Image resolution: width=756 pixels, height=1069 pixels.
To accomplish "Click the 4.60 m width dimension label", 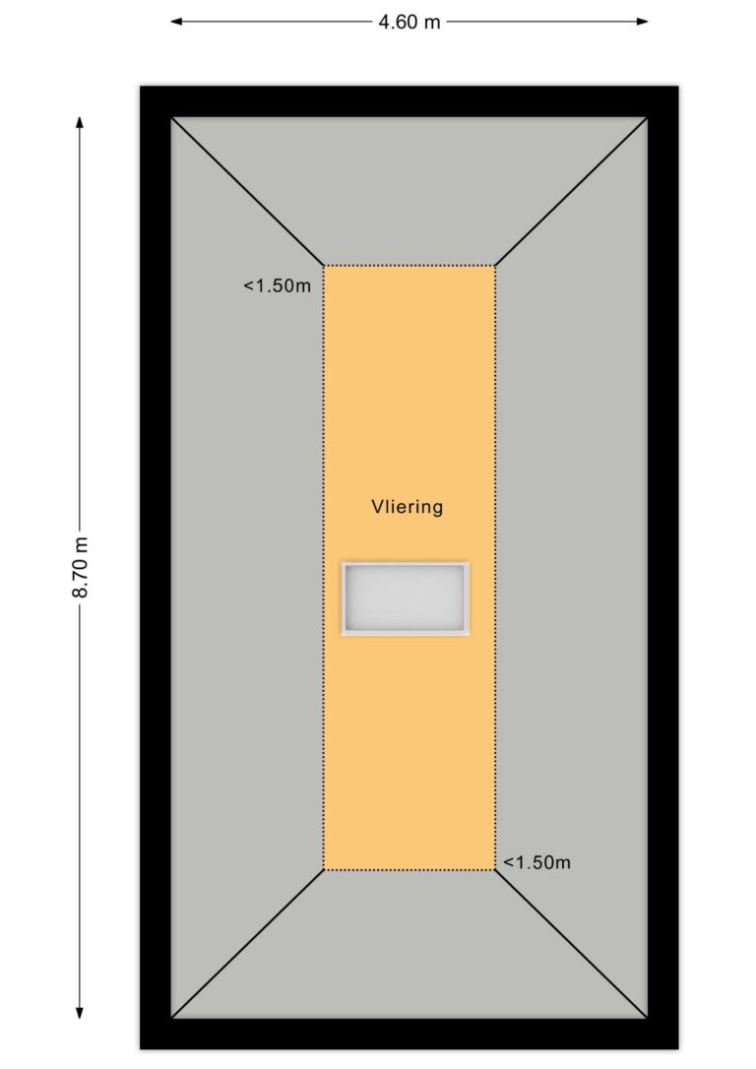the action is coord(409,22).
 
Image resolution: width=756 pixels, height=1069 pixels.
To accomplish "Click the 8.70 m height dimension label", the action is coord(81,567).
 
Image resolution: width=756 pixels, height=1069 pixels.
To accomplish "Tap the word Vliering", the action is coord(407,507).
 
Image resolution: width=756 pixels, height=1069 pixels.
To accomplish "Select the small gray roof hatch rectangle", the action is coord(405,598).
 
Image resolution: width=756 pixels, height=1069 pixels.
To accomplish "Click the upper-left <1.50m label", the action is coord(278,285).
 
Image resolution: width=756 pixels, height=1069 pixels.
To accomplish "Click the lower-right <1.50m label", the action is coord(537,862).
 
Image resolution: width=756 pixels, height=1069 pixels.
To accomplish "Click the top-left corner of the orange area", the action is coord(324,265).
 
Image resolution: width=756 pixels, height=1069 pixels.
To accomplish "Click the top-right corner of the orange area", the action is coord(495,265).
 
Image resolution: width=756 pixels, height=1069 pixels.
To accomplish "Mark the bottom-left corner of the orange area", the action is coord(324,870).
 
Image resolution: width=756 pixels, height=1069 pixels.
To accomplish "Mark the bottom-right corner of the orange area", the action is coord(495,870).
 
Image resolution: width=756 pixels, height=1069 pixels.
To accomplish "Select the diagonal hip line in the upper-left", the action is coord(247,192).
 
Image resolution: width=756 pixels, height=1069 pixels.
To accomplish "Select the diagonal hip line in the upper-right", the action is coord(571,192).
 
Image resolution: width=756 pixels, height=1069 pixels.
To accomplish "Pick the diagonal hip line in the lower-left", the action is coord(247,944).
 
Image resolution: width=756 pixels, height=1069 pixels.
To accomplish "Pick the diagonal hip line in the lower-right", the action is coord(571,944).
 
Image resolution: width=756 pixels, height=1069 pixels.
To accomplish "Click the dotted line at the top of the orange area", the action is coord(409,265).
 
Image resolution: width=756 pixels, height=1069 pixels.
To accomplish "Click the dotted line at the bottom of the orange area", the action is coord(409,870).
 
